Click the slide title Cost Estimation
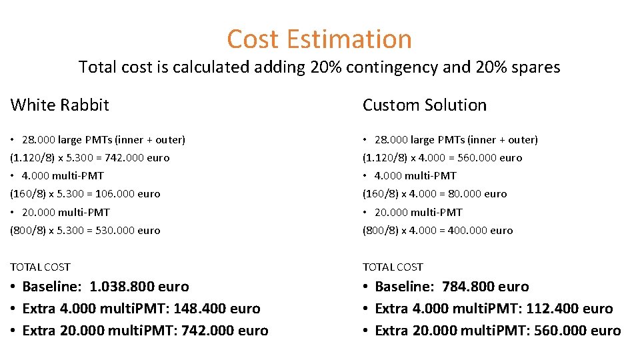pyautogui.click(x=319, y=39)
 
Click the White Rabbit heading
pyautogui.click(x=60, y=105)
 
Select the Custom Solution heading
pyautogui.click(x=425, y=105)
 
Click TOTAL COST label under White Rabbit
pyautogui.click(x=40, y=267)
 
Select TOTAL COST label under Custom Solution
pyautogui.click(x=393, y=267)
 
